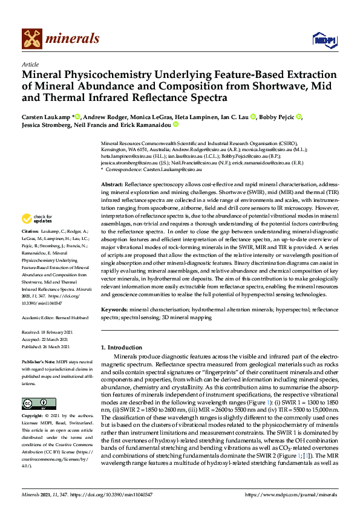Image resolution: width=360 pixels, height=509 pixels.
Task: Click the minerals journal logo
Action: (x=61, y=39)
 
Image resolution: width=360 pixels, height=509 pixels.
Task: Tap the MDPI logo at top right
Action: (x=323, y=40)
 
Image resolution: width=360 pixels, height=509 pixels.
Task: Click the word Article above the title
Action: (x=30, y=64)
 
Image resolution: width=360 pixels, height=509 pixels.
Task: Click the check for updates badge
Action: (x=37, y=218)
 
